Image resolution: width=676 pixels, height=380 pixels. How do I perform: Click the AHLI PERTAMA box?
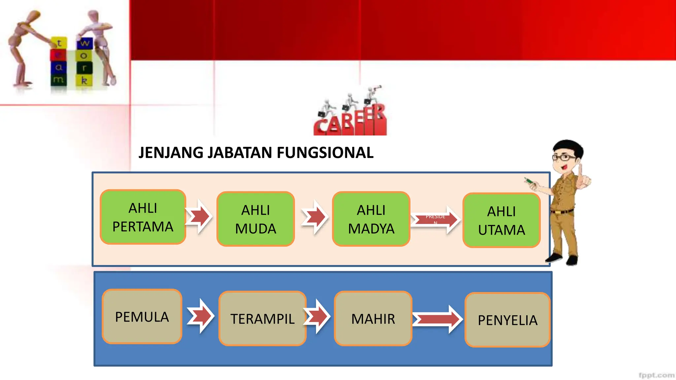pos(143,217)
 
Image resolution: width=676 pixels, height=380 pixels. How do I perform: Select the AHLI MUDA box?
pos(255,219)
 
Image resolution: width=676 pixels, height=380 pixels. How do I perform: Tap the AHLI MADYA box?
pos(371,219)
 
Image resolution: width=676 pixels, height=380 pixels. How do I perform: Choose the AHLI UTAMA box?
pos(501,220)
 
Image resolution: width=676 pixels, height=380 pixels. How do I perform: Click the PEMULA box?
pos(142,317)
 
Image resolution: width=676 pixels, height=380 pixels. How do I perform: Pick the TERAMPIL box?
pos(262,319)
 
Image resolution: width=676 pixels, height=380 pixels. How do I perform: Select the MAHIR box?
pos(373,319)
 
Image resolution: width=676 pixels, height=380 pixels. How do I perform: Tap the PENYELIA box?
pos(507,320)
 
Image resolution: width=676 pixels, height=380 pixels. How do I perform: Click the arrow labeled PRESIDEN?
pos(435,219)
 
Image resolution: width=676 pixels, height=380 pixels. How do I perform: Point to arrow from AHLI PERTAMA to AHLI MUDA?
pos(199,217)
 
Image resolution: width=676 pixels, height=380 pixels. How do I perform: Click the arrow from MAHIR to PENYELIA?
pos(437,319)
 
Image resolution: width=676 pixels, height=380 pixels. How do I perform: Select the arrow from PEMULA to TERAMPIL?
pos(201,316)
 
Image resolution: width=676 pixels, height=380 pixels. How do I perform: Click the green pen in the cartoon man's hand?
pos(529,181)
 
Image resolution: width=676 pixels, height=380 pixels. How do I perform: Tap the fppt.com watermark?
pos(656,375)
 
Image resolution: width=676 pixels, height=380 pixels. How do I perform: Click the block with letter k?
pos(84,80)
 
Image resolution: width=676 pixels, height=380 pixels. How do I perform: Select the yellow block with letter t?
pos(59,43)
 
